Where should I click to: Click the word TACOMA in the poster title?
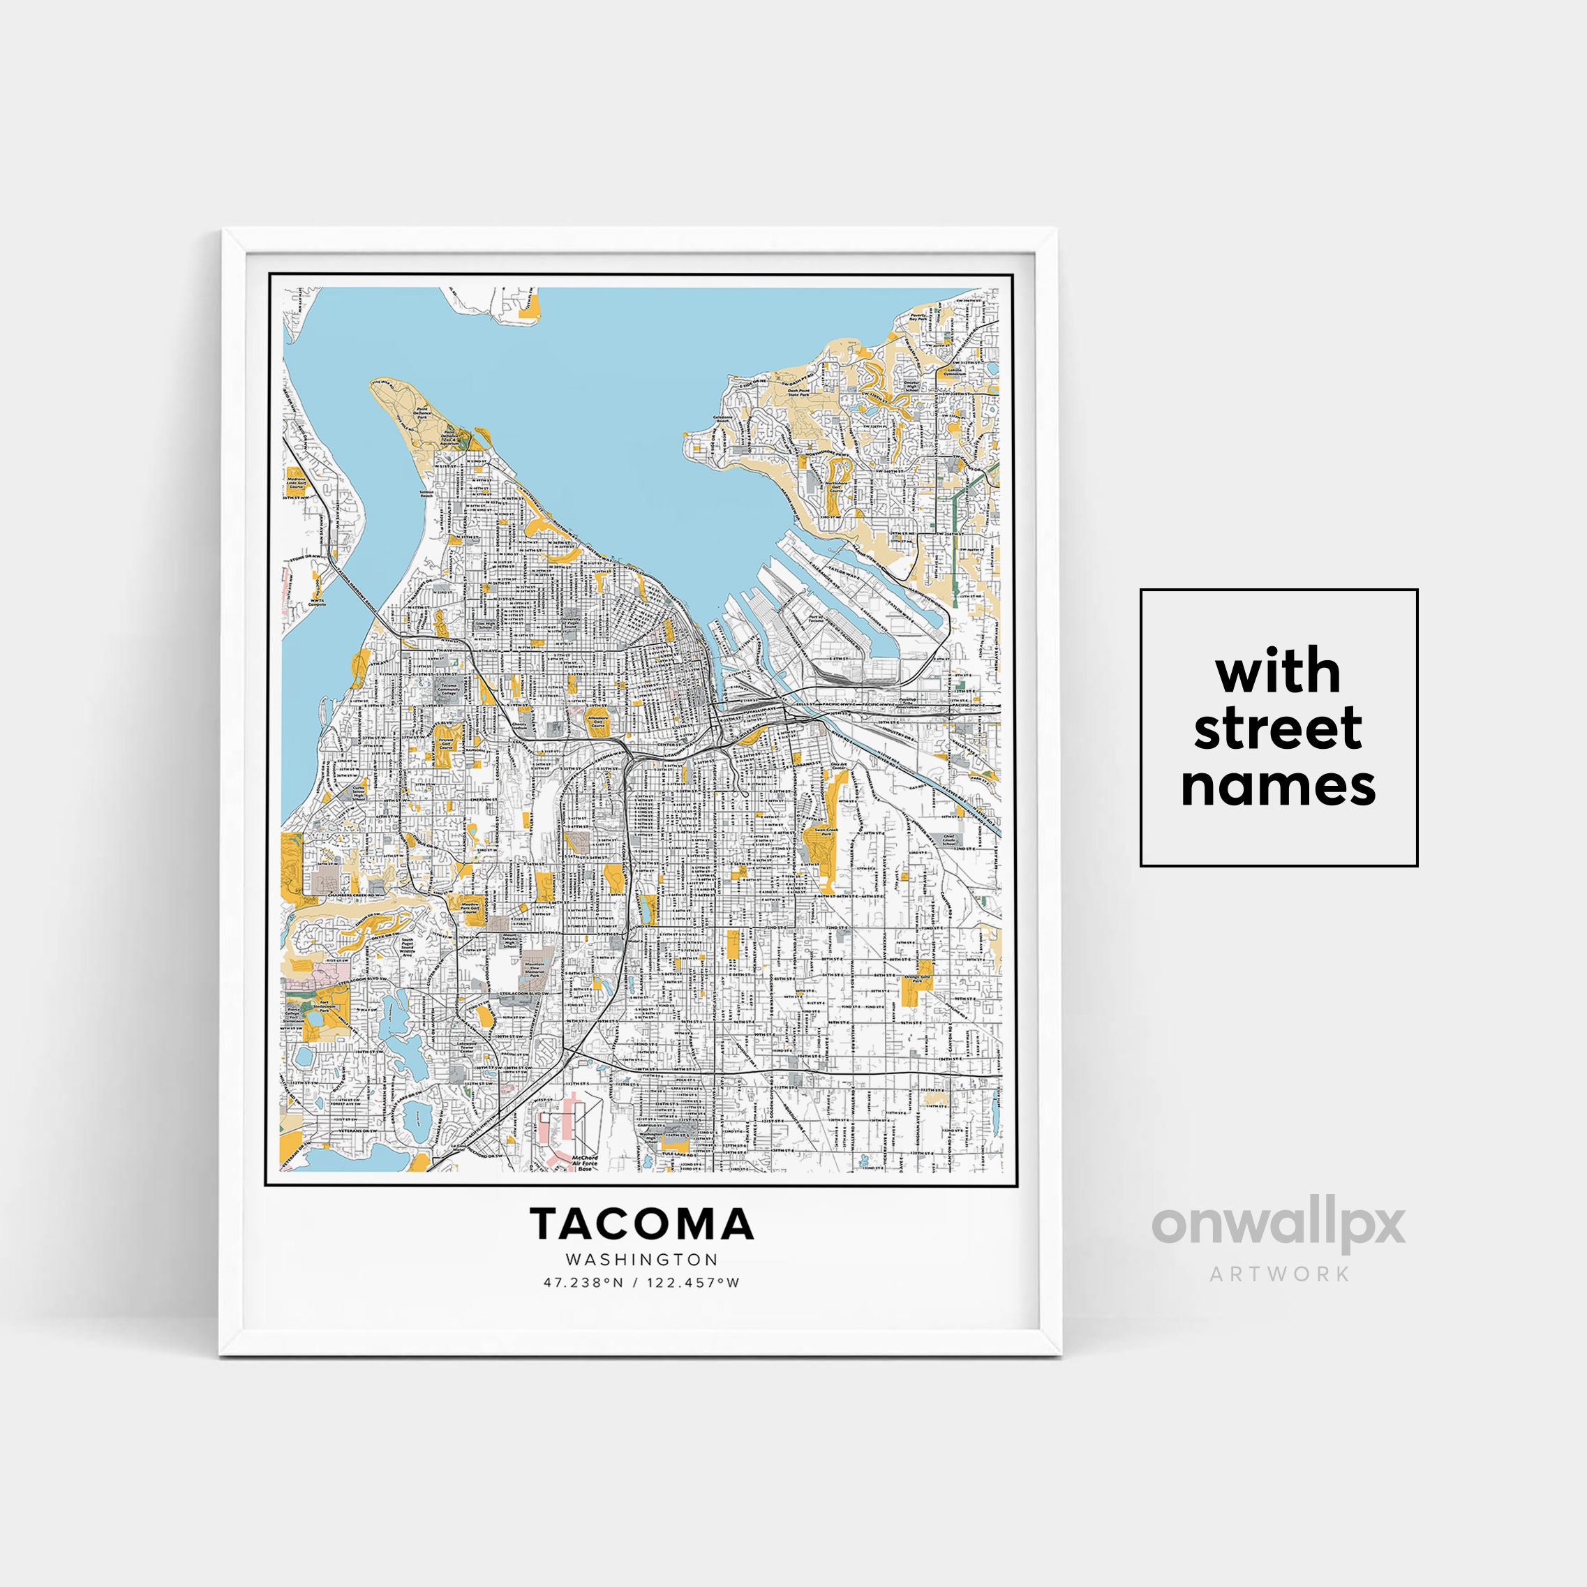(x=641, y=1224)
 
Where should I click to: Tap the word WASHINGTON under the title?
(x=641, y=1259)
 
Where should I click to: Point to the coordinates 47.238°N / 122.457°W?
(x=641, y=1282)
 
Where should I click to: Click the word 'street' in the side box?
(x=1277, y=729)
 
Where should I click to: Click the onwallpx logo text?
(x=1278, y=1225)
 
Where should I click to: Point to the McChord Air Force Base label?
(x=584, y=1162)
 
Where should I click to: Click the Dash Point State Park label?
(x=798, y=394)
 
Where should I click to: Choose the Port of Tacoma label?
(x=815, y=619)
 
